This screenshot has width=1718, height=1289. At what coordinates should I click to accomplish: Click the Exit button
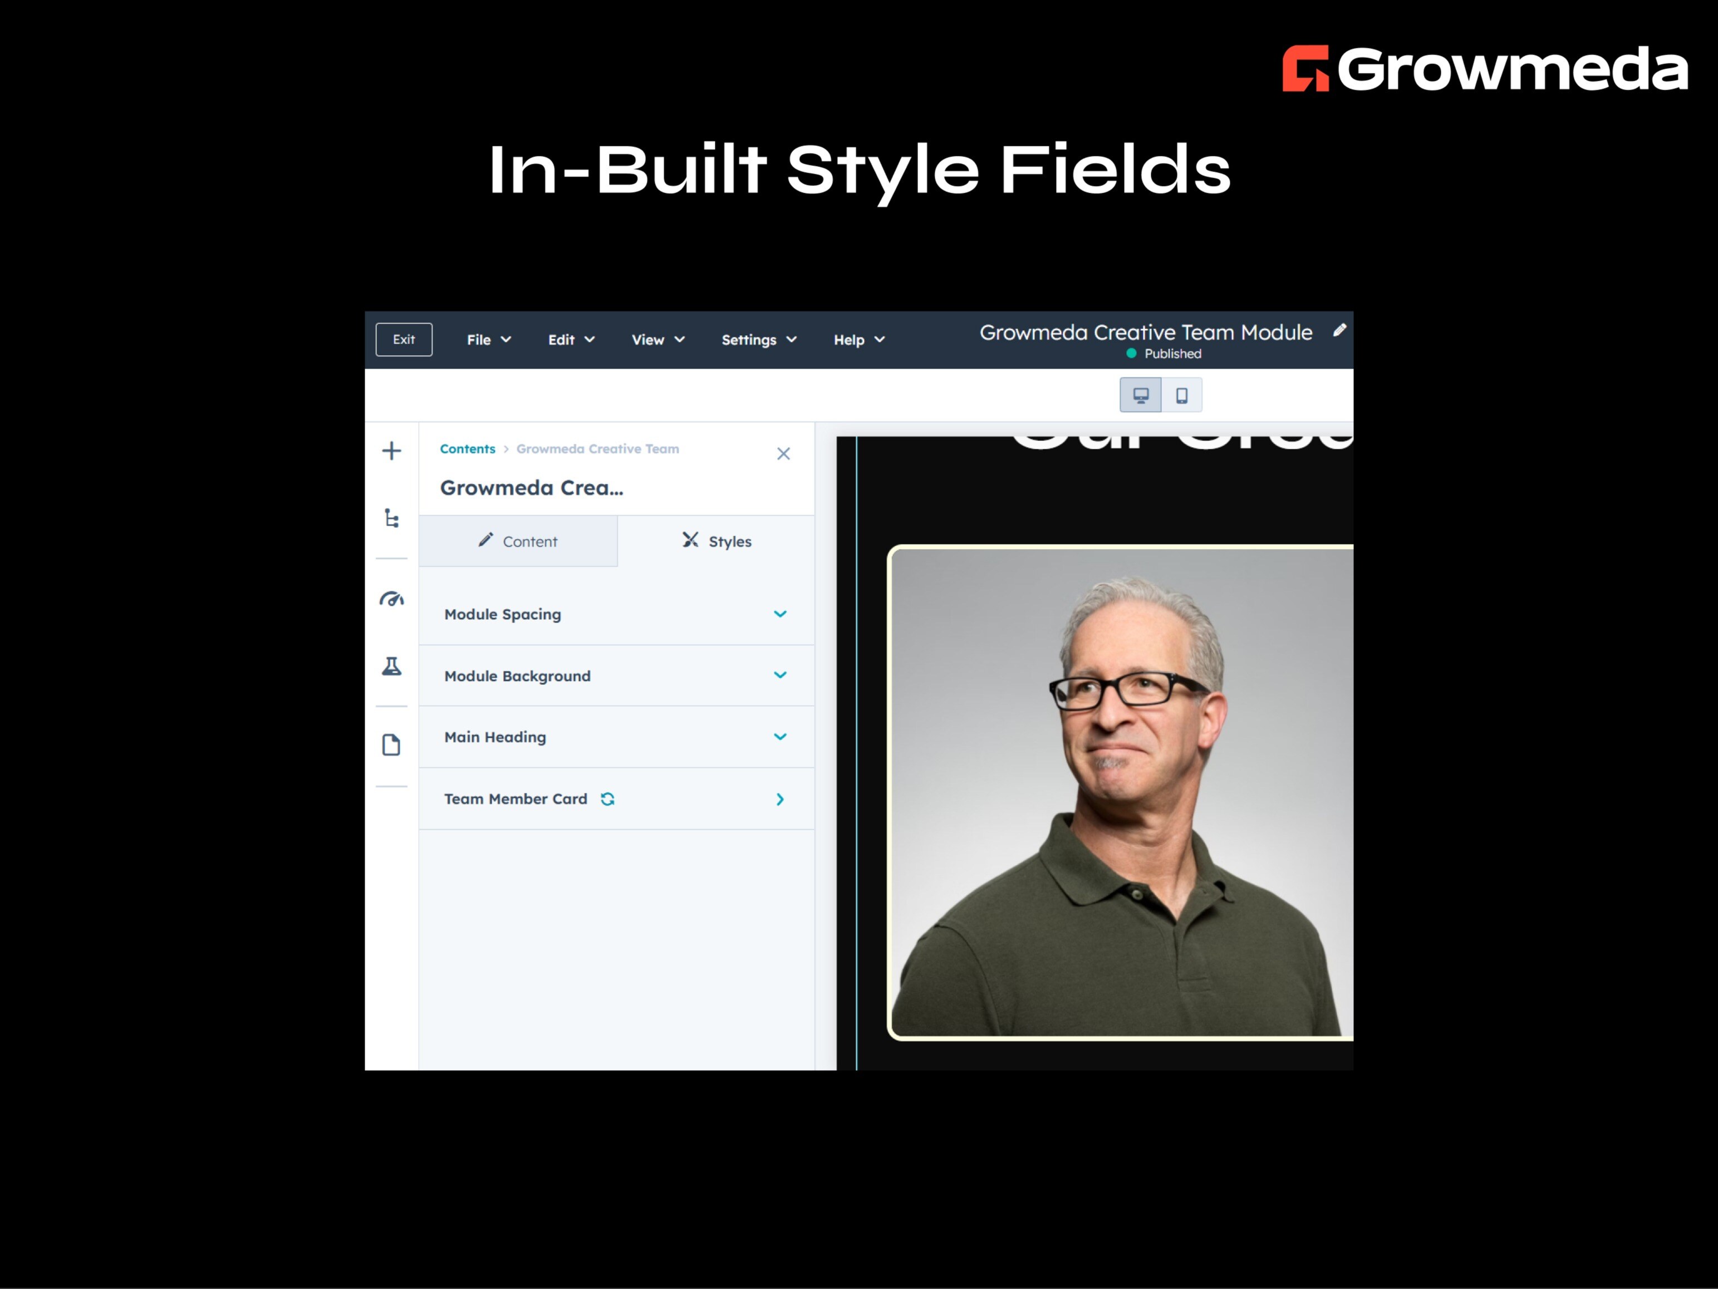click(x=404, y=340)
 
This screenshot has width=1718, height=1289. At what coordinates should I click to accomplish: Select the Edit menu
click(x=571, y=340)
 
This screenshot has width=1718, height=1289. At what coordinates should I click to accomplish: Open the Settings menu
click(x=759, y=340)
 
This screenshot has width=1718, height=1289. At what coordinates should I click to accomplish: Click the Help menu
click(x=859, y=340)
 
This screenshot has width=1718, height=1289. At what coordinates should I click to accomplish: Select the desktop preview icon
click(x=1140, y=395)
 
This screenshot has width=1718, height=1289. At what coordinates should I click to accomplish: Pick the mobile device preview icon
click(x=1181, y=395)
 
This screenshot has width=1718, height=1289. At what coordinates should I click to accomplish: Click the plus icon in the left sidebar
click(x=391, y=450)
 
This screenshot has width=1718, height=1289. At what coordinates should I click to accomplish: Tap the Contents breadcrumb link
click(x=467, y=449)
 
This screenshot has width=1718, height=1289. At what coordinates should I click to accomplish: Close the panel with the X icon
click(x=783, y=454)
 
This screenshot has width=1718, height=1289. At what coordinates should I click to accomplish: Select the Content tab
click(x=518, y=542)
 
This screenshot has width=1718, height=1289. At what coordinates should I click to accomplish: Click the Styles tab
click(x=716, y=542)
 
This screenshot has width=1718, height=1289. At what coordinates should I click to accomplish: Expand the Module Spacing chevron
click(x=780, y=614)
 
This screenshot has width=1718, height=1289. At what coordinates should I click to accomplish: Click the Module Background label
click(x=517, y=676)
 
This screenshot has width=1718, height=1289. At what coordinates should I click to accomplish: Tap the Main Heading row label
click(x=495, y=737)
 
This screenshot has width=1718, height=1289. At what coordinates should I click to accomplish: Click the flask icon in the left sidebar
click(x=391, y=666)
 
